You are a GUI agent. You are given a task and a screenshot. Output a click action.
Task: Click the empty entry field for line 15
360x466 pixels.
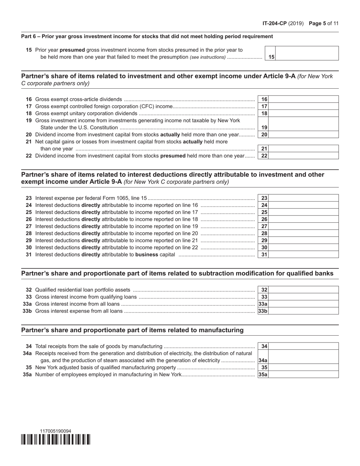[307, 53]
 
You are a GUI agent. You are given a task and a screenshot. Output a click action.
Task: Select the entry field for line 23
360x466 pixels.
[304, 198]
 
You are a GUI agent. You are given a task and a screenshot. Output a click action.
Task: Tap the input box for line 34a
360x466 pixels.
[304, 357]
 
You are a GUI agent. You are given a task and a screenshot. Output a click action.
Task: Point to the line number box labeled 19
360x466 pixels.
[264, 128]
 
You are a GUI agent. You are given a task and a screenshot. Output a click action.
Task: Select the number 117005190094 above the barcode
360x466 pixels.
[55, 431]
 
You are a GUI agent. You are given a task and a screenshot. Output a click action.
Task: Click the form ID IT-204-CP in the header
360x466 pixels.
[274, 23]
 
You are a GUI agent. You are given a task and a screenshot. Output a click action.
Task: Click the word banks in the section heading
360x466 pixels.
[325, 274]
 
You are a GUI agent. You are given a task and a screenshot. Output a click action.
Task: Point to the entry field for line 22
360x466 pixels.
[304, 156]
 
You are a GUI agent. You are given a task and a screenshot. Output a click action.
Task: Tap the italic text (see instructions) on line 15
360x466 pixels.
[208, 57]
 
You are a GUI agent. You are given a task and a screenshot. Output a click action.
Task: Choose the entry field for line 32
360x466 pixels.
[304, 290]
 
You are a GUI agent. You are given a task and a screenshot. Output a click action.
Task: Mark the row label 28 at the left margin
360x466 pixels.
[29, 233]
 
